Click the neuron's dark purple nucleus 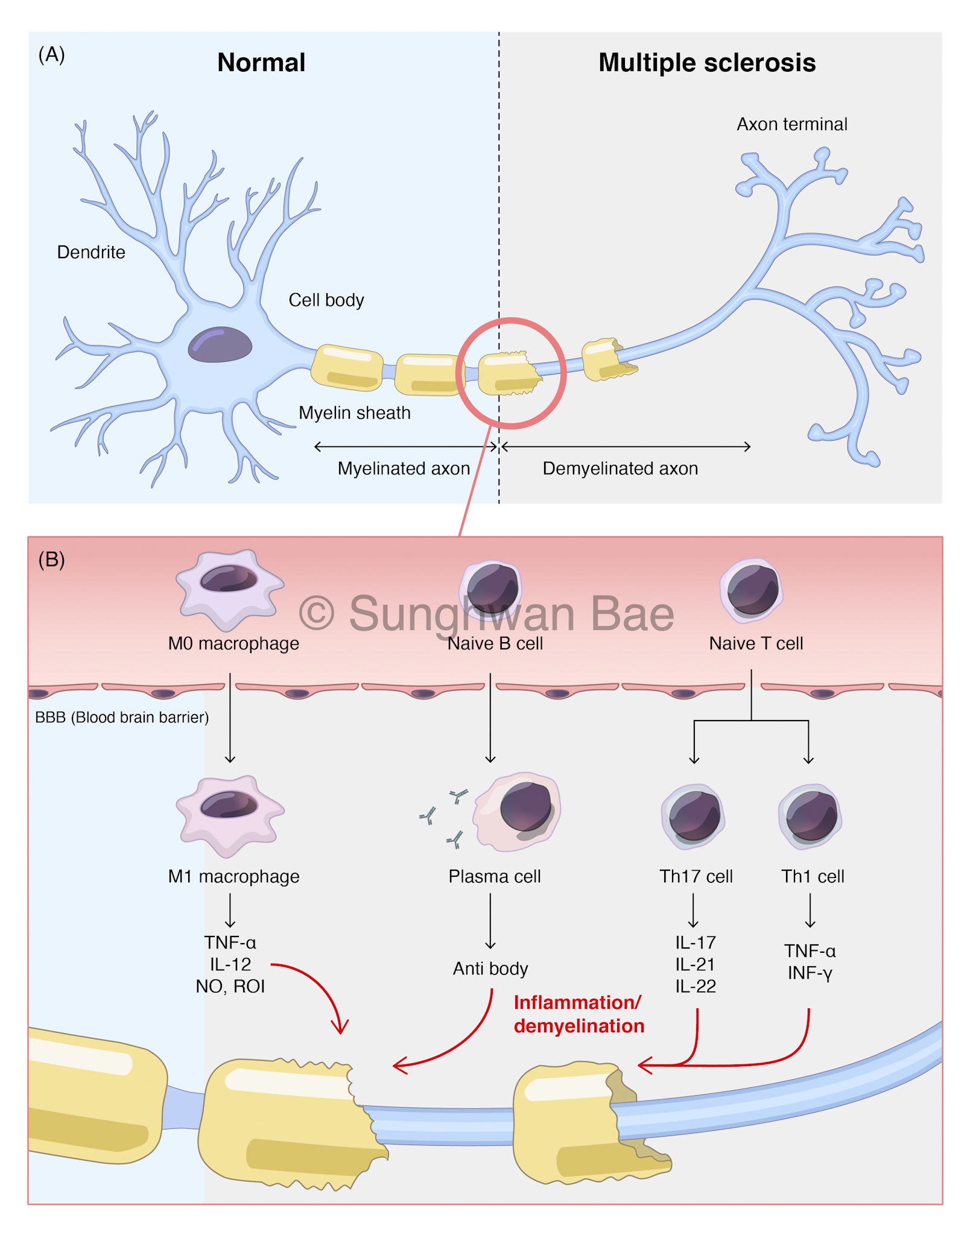pos(220,344)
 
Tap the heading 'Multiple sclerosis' pos(706,63)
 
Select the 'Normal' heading pos(261,63)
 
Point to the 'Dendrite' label pos(91,252)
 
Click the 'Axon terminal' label pos(791,124)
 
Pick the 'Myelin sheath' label pos(355,413)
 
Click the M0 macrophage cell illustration pos(229,588)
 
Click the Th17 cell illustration pos(694,816)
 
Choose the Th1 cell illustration pos(811,816)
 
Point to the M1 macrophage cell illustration pos(229,814)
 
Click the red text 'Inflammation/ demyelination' pos(578,1014)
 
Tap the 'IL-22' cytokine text pos(696,987)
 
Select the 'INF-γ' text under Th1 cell pos(810,973)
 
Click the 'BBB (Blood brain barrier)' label pos(122,718)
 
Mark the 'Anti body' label pos(490,968)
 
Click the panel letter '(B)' pos(51,560)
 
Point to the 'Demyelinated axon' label pos(620,469)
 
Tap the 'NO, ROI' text pos(230,987)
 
